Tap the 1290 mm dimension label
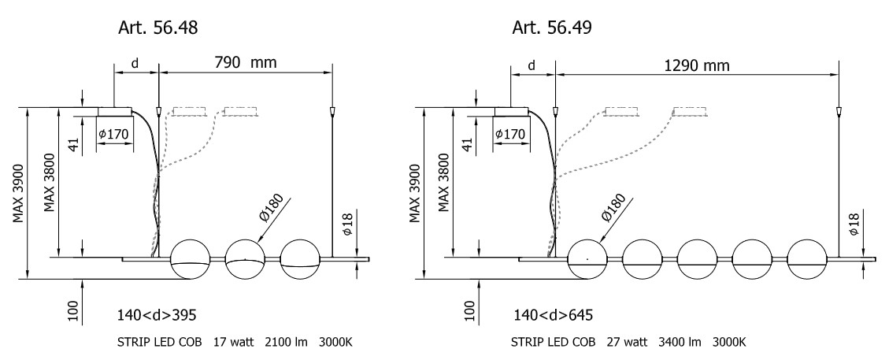[695, 64]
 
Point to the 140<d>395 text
[156, 315]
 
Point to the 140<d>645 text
[553, 315]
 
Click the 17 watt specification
[231, 343]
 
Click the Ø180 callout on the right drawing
[613, 207]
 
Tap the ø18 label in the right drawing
[854, 225]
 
